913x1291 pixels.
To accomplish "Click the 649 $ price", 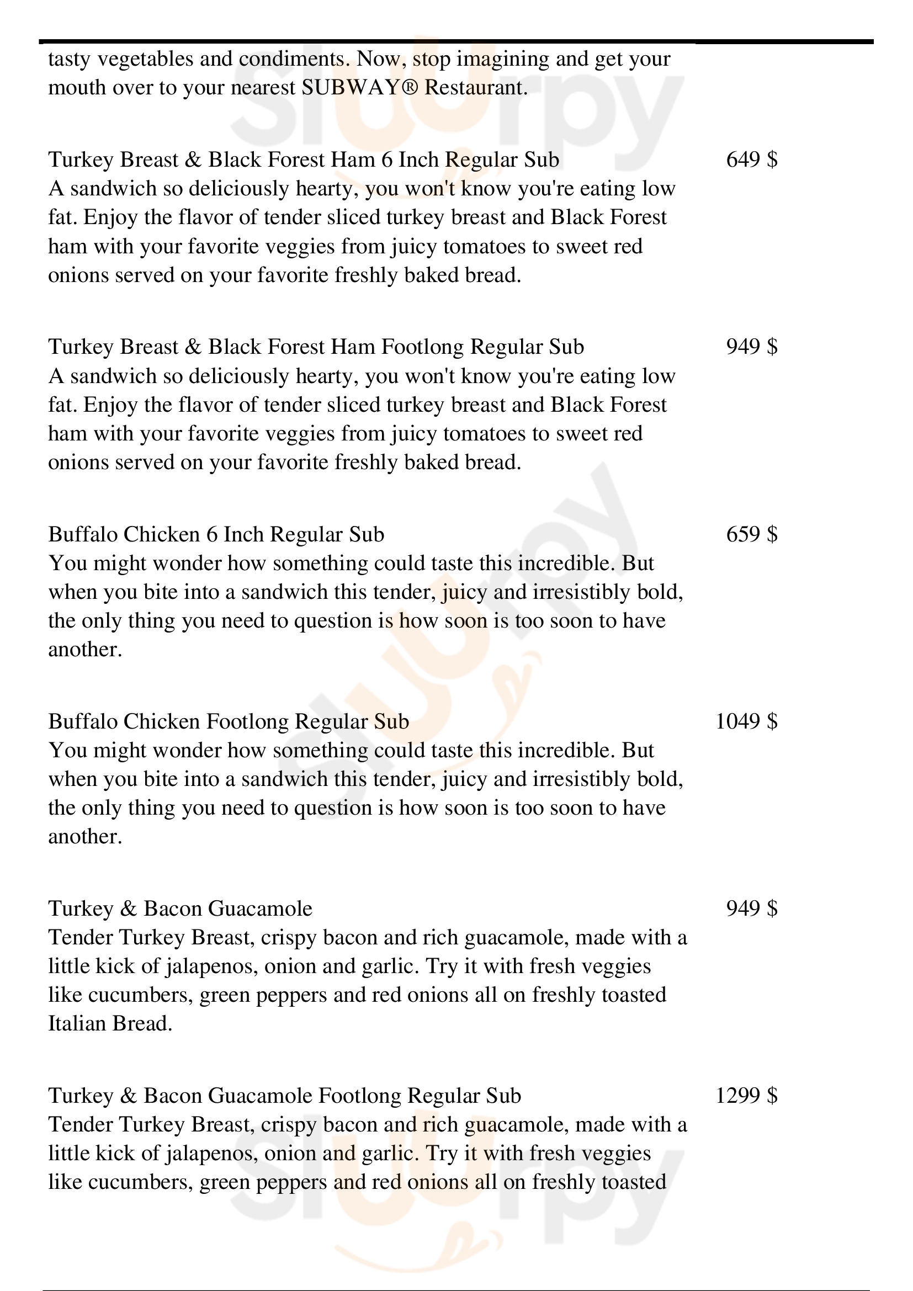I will (752, 160).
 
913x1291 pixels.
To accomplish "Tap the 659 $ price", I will (752, 534).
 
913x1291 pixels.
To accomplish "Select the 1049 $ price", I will (746, 721).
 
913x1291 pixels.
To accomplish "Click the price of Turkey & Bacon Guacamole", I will (752, 908).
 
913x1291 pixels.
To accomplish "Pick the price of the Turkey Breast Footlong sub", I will (752, 347).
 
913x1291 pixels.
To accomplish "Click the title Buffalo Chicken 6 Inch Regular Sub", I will (216, 534).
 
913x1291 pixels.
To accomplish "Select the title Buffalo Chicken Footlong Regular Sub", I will (229, 721).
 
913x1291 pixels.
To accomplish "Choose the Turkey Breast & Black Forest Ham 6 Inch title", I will (304, 160).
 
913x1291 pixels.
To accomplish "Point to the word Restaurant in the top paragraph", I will (476, 88).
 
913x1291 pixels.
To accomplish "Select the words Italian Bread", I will (110, 1023).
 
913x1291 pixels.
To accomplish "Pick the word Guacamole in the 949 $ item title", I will (261, 908).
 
